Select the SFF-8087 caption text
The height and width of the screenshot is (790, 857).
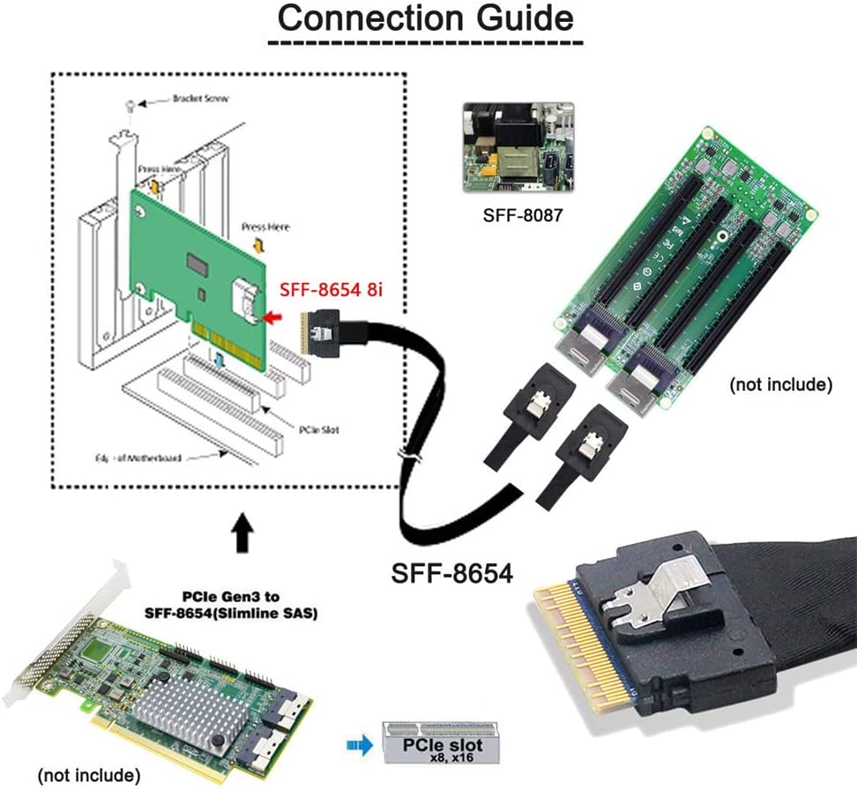(x=516, y=214)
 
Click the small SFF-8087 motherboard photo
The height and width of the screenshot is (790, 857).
(x=518, y=147)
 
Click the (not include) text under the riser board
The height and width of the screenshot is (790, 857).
(x=780, y=384)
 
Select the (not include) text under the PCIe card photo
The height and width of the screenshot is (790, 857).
(x=88, y=776)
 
